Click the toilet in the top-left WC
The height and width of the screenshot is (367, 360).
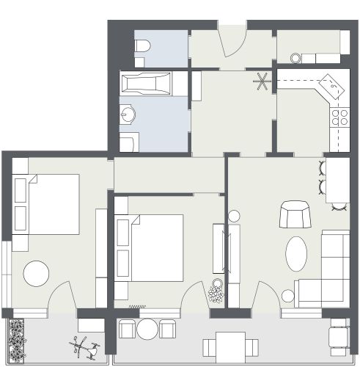coord(142,48)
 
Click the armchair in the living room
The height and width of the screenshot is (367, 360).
coord(295,214)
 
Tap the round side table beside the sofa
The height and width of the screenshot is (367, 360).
coord(288,297)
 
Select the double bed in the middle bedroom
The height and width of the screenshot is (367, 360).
coord(150,247)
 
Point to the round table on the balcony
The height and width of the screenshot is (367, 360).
coord(149,328)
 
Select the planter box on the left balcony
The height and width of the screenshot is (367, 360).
coord(17,341)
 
